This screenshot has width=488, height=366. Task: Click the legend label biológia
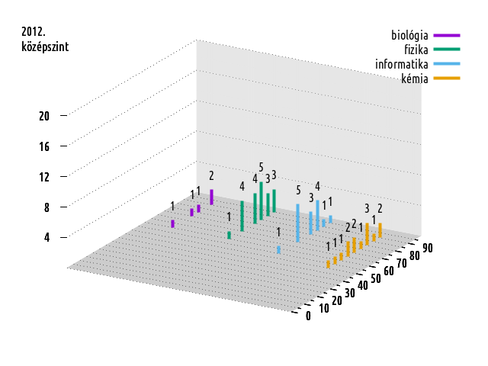[409, 35]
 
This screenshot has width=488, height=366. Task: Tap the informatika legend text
[401, 63]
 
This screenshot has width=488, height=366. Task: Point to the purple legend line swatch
[446, 35]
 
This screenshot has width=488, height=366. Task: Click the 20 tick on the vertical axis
[44, 116]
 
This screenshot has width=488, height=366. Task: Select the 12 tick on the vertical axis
[44, 177]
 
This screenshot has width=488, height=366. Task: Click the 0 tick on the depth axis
[308, 316]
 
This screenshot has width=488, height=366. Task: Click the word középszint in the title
[45, 47]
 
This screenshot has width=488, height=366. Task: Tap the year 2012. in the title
[34, 33]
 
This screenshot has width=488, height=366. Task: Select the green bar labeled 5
[262, 201]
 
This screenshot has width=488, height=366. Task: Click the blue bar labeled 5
[297, 223]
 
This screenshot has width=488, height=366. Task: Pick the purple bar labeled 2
[211, 197]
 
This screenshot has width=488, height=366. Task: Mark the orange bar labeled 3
[368, 233]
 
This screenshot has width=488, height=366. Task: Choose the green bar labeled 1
[229, 236]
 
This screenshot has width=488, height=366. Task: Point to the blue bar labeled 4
[317, 214]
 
